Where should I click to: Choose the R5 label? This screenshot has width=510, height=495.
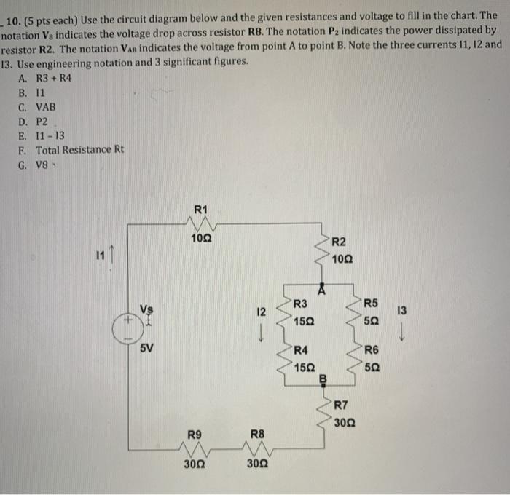coord(372,304)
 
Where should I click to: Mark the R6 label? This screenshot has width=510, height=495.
coord(372,349)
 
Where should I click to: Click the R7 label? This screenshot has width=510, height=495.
coord(342,405)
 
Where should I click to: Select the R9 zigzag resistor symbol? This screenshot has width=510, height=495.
coord(195,448)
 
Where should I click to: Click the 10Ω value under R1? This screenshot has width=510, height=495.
coord(202,238)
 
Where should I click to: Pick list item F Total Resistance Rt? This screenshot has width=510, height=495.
coord(71,149)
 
